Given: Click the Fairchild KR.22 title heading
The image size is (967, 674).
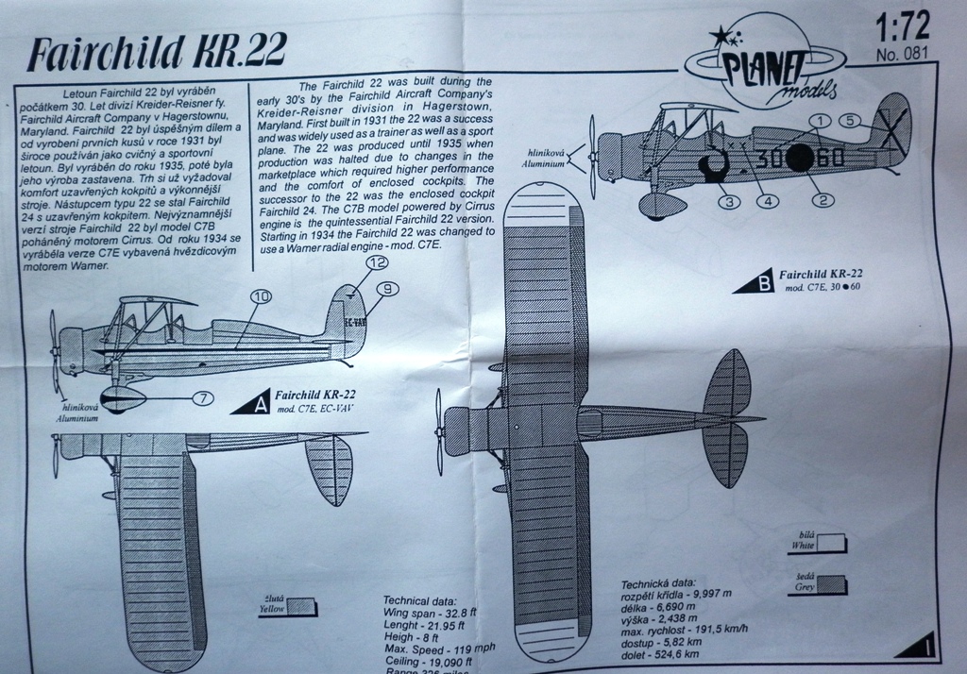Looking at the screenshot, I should [156, 54].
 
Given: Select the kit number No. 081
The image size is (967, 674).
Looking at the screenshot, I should [901, 54].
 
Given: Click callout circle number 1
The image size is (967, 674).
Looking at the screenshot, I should [820, 121].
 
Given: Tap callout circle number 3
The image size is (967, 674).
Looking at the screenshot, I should [727, 200].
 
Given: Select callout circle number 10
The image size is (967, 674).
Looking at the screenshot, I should [261, 297].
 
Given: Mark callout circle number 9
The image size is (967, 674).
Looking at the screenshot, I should [385, 288].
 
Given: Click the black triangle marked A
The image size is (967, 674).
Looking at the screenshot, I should [253, 404].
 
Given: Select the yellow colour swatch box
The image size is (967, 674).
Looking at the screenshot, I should [302, 607].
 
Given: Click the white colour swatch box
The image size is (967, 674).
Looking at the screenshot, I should [832, 543].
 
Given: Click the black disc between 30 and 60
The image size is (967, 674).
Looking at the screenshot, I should [798, 158].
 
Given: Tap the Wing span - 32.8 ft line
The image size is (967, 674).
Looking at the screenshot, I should [430, 613].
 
